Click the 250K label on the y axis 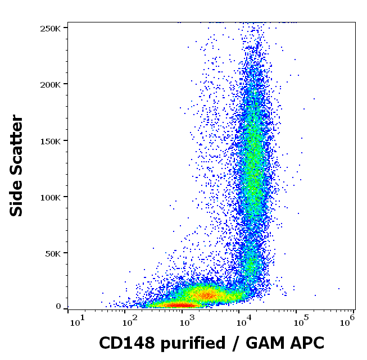point(51,28)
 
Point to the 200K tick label point(51,84)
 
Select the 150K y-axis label point(51,140)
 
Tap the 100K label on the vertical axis point(51,197)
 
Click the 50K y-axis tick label point(53,253)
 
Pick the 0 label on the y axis point(58,307)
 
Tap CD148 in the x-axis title point(123,342)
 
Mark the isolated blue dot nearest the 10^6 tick point(339,289)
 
